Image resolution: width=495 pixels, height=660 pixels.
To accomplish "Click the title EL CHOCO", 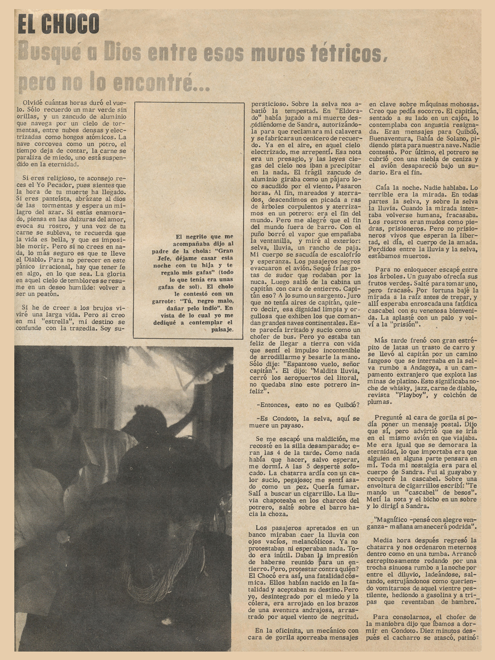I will (58, 25).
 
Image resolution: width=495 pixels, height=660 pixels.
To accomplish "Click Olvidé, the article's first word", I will (33, 102).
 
